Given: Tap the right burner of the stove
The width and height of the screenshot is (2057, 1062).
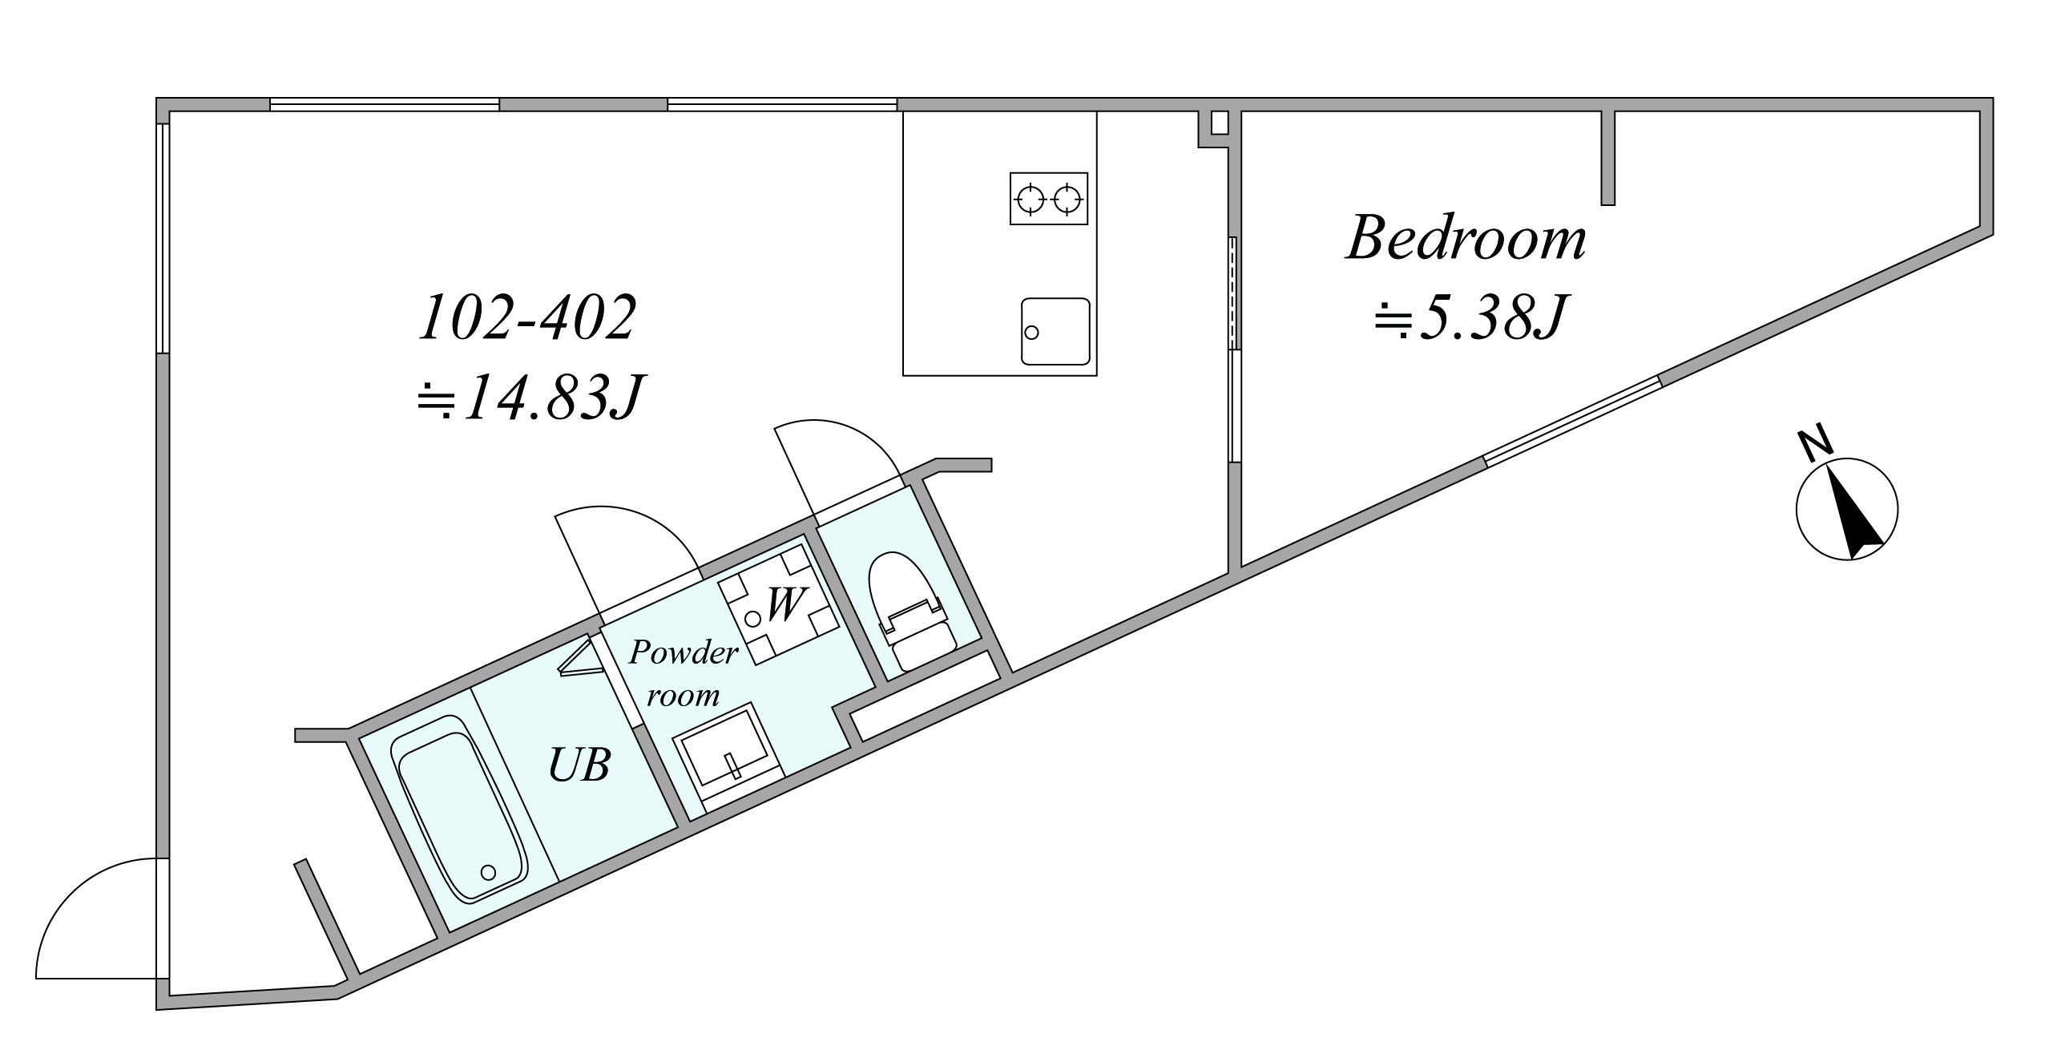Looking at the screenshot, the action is [x=1067, y=198].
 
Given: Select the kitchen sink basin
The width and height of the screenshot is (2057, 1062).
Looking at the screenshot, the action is [x=1055, y=331].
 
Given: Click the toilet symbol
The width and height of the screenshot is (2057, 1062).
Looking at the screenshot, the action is [x=912, y=611].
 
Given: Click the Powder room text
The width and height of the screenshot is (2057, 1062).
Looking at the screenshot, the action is [x=683, y=673].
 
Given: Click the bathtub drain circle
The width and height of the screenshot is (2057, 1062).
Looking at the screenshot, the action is [x=488, y=872].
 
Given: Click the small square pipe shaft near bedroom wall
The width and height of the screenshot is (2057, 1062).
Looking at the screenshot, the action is [x=1219, y=123].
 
